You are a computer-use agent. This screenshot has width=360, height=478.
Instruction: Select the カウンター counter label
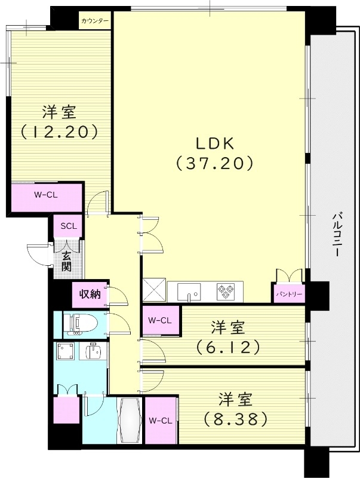click(95, 21)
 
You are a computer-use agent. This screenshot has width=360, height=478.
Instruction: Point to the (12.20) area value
click(59, 131)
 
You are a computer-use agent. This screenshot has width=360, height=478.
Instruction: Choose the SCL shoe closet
click(68, 226)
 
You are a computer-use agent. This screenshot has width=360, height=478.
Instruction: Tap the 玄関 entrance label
click(66, 261)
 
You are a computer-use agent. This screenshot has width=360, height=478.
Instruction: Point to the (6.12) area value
click(229, 346)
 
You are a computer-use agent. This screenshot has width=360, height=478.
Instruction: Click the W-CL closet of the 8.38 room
click(161, 421)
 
